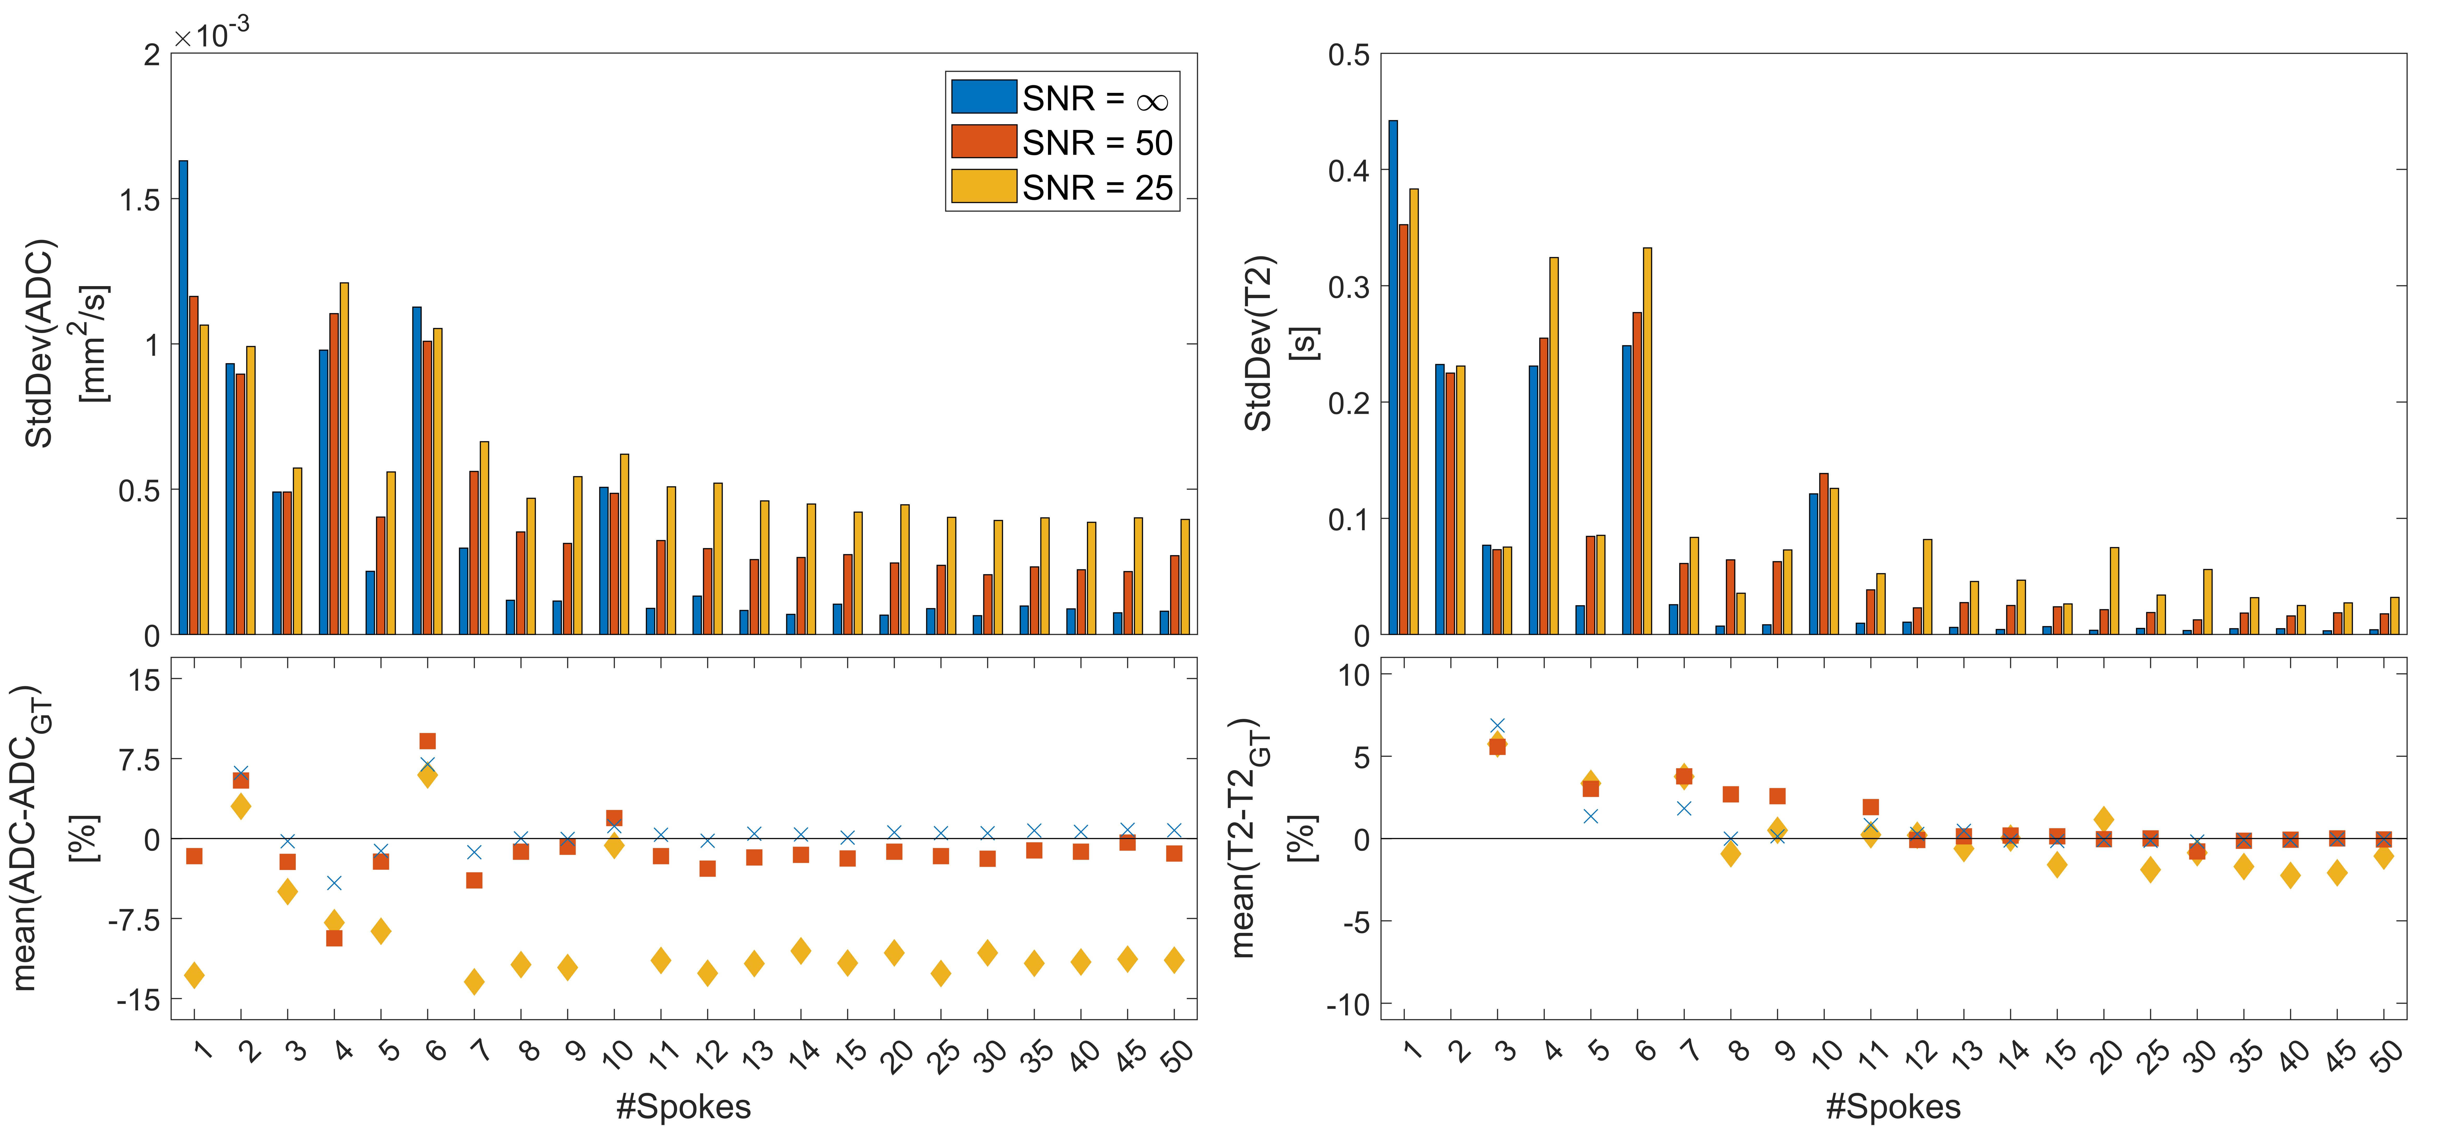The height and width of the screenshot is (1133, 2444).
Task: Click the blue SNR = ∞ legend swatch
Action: coord(984,97)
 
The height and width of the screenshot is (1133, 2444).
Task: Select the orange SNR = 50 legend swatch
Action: coord(984,141)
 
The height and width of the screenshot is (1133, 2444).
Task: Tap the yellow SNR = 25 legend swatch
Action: coord(984,186)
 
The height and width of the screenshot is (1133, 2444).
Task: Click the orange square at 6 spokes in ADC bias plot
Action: coord(428,741)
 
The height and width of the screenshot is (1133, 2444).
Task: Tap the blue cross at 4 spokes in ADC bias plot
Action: coord(334,883)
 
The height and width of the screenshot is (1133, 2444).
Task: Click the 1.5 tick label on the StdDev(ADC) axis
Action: coord(139,200)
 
